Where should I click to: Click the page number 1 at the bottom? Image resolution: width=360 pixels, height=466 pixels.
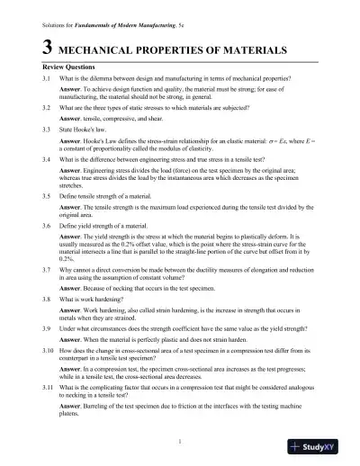click(180, 440)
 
